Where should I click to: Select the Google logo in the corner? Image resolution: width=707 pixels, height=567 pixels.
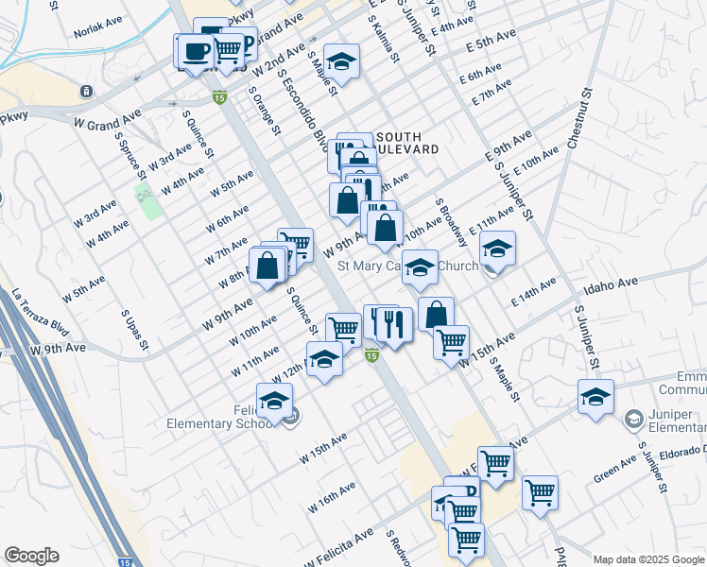click(31, 556)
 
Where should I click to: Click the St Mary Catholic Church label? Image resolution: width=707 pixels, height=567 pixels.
click(407, 266)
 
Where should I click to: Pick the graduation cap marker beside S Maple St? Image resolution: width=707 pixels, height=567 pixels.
click(342, 62)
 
